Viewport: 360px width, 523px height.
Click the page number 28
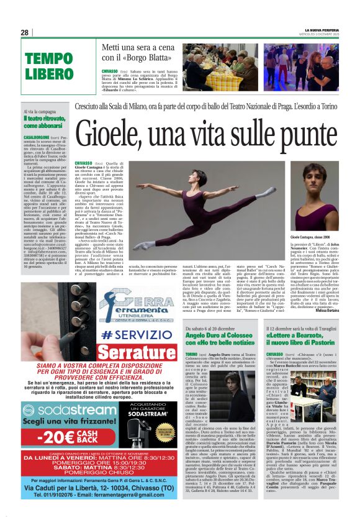[x=25, y=32]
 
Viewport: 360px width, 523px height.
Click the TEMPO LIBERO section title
[x=49, y=66]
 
